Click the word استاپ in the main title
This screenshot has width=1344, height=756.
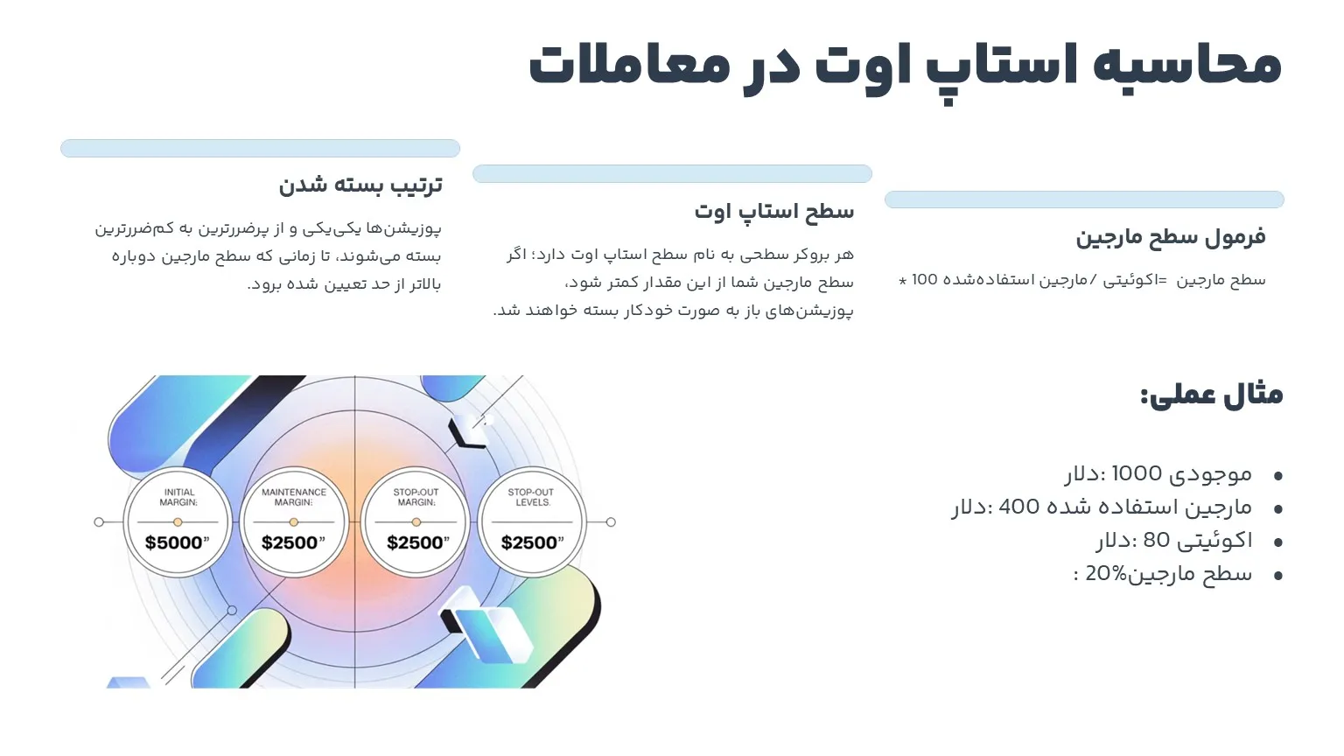(1001, 66)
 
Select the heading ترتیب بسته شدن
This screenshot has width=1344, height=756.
(360, 185)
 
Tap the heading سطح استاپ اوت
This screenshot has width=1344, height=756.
(773, 212)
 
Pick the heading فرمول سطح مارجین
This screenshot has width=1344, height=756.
(1170, 237)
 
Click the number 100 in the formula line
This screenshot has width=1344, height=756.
(924, 280)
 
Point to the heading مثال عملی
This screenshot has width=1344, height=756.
(1211, 395)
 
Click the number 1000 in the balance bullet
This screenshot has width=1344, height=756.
(1136, 474)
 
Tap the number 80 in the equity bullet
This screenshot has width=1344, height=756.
(1156, 541)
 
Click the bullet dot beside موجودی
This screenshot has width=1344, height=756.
(1278, 476)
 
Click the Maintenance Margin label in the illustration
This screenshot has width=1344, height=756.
(294, 497)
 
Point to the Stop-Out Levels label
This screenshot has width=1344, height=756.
(531, 497)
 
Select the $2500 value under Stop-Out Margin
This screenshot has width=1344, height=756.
(417, 542)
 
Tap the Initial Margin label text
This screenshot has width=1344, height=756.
(178, 497)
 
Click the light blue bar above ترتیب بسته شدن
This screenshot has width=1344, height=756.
(260, 148)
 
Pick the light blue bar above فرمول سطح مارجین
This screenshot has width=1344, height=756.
(1084, 199)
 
